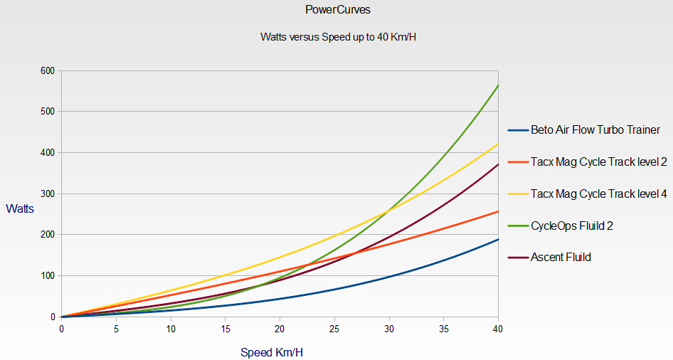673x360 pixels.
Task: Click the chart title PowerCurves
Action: coord(336,10)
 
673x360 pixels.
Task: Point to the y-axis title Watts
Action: coord(20,208)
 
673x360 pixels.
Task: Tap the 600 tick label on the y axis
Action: coord(48,70)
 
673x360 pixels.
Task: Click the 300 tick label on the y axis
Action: coord(48,194)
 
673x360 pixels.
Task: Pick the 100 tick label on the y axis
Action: coord(48,275)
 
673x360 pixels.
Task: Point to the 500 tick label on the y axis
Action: coord(48,112)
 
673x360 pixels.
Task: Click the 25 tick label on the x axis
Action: coord(334,329)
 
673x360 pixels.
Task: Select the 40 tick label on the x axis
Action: coord(498,329)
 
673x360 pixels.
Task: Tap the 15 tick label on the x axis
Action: coord(225,329)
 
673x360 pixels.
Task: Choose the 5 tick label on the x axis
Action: coord(116,329)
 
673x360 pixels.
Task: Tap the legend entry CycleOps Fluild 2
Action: coord(572,226)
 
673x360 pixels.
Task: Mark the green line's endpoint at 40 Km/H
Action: coord(498,85)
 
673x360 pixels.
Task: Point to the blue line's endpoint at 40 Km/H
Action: coord(498,239)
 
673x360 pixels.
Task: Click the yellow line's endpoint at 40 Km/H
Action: coord(498,144)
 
